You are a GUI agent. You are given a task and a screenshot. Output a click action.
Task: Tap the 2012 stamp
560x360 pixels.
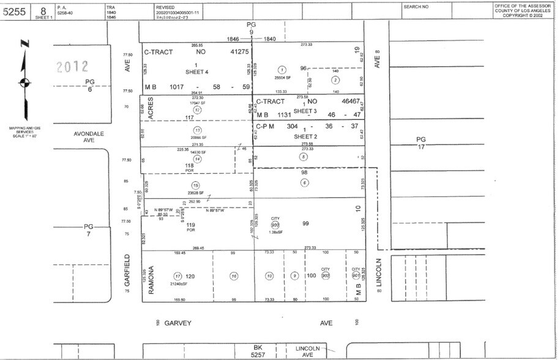pyautogui.click(x=72, y=66)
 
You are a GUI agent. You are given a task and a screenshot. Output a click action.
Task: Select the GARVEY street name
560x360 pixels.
pyautogui.click(x=179, y=323)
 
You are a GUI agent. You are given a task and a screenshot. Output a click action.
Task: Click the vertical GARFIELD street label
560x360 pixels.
pyautogui.click(x=128, y=271)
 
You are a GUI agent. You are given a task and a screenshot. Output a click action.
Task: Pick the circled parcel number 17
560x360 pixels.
pyautogui.click(x=177, y=276)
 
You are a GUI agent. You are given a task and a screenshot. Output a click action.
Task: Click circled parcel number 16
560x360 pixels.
pyautogui.click(x=234, y=276)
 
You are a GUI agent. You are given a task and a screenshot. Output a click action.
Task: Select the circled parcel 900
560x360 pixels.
pyautogui.click(x=275, y=225)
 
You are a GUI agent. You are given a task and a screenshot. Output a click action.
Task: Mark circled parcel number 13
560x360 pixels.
pyautogui.click(x=197, y=131)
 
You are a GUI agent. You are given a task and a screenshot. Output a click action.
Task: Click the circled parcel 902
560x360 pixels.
pyautogui.click(x=325, y=276)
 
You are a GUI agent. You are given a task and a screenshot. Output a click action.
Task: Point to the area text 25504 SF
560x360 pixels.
pyautogui.click(x=282, y=78)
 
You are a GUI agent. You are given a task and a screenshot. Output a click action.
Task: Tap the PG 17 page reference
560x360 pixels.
pyautogui.click(x=421, y=143)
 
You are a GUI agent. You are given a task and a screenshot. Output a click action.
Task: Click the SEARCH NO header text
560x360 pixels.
pyautogui.click(x=416, y=6)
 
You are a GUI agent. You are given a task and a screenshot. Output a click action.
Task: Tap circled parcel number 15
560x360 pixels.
pyautogui.click(x=196, y=186)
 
